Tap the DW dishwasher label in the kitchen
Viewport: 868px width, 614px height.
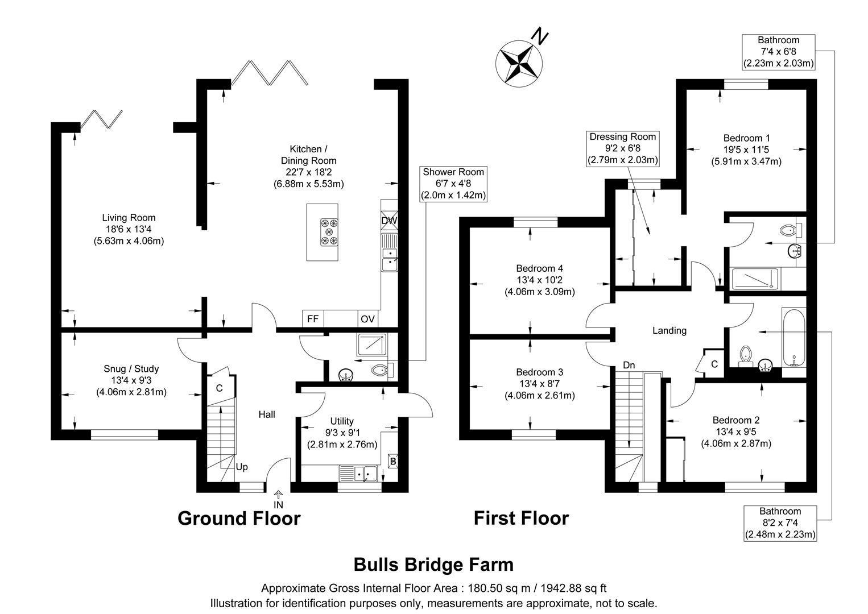[x=389, y=221]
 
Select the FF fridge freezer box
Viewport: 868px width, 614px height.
[x=313, y=319]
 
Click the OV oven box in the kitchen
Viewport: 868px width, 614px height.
[x=367, y=319]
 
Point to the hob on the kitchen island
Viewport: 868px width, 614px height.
[x=329, y=233]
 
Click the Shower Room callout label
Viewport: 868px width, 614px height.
[x=453, y=184]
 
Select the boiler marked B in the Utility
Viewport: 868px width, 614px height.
[x=392, y=462]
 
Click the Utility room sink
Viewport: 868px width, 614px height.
[x=359, y=472]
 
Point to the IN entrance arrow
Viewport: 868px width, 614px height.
[x=279, y=500]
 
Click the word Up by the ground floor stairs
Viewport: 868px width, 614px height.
[x=242, y=467]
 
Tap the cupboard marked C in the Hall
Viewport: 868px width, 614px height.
[x=219, y=388]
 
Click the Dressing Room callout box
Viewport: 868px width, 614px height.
[x=623, y=148]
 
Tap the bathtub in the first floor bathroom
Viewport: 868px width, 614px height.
[x=793, y=338]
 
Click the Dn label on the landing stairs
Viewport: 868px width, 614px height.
[x=629, y=364]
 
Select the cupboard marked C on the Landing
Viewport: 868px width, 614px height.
[x=714, y=363]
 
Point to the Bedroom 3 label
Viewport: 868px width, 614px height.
[x=539, y=372]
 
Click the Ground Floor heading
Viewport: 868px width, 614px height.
[x=239, y=518]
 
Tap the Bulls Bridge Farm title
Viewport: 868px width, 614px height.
[x=433, y=565]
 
